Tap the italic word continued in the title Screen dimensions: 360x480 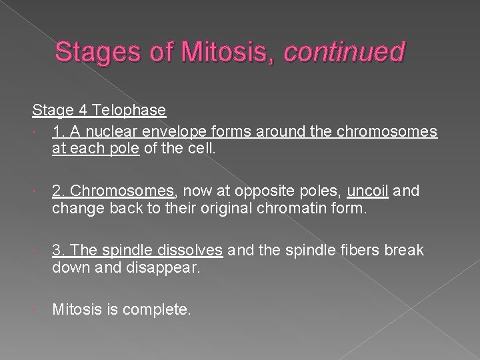[x=344, y=52]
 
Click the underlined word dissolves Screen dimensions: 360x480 [x=190, y=251]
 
